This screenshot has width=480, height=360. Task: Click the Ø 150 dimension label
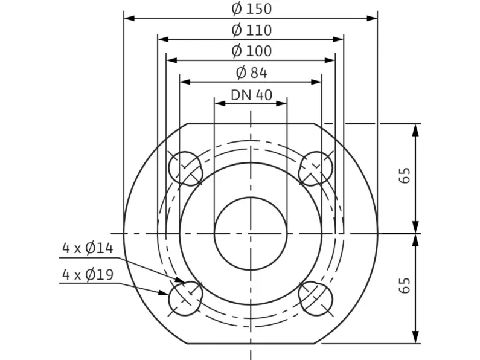tap(251, 8)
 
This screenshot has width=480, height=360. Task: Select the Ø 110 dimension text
tap(251, 30)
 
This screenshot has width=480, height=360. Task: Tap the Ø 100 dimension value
tap(251, 51)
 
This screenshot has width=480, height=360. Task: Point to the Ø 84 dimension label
tap(251, 72)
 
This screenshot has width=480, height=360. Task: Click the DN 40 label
tap(251, 95)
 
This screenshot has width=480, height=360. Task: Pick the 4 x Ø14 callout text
tap(88, 248)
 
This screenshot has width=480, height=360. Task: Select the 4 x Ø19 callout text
tap(88, 274)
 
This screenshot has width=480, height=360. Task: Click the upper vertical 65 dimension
tap(405, 175)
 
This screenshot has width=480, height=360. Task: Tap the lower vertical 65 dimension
tap(405, 285)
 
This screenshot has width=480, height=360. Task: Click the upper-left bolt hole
tap(185, 169)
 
